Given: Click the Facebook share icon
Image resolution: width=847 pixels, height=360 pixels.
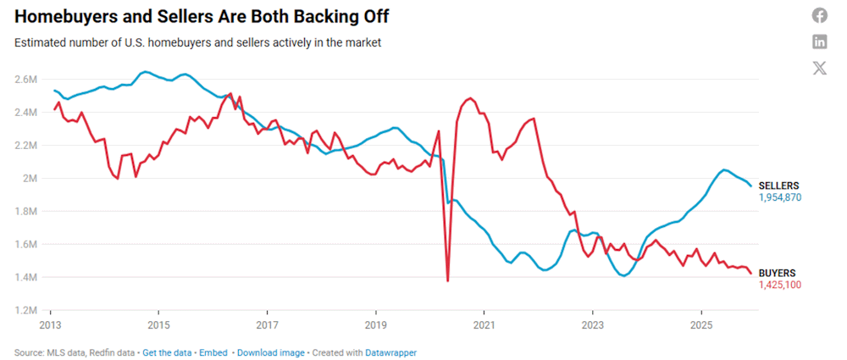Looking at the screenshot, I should [x=819, y=15].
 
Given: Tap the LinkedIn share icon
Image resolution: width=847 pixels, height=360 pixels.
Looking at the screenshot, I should [x=819, y=42].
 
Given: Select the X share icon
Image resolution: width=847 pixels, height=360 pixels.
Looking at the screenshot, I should [x=819, y=69].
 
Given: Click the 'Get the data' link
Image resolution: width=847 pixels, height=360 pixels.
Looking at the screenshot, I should [x=165, y=352].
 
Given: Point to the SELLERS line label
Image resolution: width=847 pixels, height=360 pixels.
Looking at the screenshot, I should [x=778, y=186].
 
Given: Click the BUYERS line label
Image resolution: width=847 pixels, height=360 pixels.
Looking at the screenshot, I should [x=777, y=273].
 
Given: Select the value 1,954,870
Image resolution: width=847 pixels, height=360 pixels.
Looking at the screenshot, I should [x=779, y=197].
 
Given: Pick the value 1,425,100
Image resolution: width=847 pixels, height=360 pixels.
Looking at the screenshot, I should [x=779, y=285].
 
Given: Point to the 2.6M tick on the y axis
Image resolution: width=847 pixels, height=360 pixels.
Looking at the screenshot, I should [x=25, y=79].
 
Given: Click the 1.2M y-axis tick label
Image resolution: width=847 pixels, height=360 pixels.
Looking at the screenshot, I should [x=25, y=310].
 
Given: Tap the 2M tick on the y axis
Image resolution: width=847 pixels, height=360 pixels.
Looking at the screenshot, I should [x=30, y=178].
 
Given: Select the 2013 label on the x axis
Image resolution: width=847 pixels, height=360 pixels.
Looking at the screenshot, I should [x=49, y=325].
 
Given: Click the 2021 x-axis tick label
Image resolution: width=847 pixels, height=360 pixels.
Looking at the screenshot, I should [x=484, y=325].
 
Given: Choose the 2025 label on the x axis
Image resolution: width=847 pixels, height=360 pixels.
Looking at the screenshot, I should [x=701, y=325].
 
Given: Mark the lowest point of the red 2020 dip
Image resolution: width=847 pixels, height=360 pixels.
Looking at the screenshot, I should [x=447, y=280].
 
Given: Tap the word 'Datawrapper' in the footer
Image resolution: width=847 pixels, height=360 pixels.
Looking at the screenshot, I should [x=391, y=352].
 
